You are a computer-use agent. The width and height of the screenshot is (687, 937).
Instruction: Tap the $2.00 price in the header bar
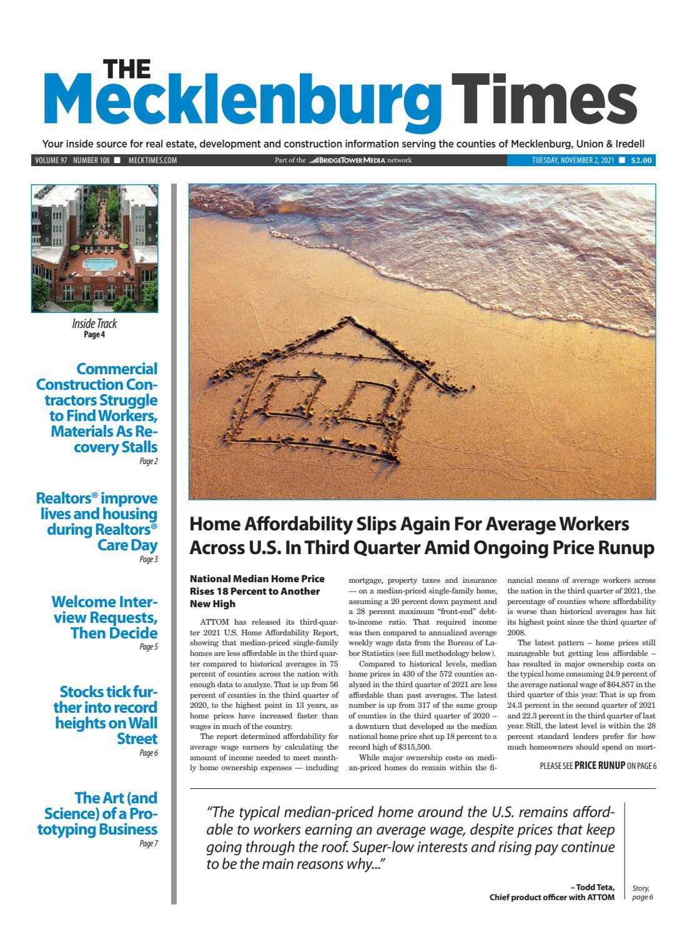[x=641, y=161]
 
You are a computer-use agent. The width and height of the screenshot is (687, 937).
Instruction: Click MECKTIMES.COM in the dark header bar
[x=152, y=161]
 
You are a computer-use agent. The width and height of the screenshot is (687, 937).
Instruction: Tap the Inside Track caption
[x=95, y=324]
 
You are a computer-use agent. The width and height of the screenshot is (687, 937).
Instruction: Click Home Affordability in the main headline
[x=262, y=523]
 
